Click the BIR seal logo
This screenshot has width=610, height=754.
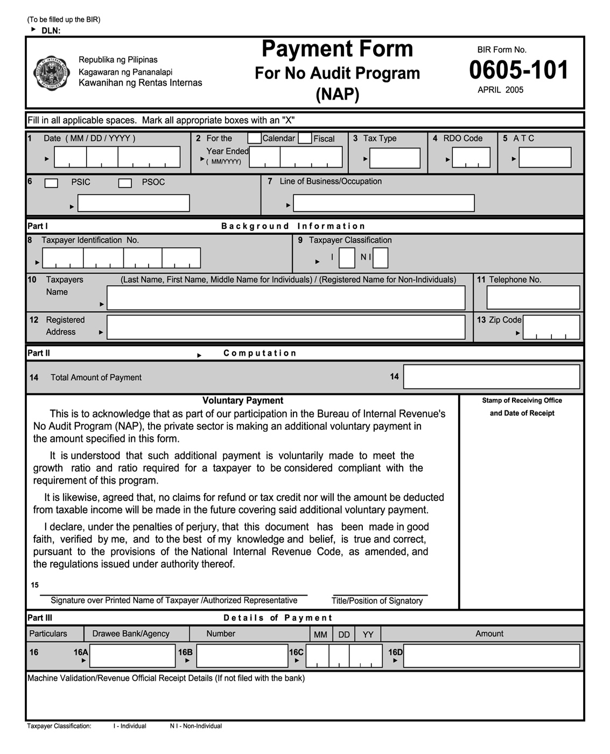coord(51,73)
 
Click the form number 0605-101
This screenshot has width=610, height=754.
coord(518,70)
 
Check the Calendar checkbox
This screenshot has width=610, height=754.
coord(254,138)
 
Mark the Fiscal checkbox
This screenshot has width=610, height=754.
coord(305,138)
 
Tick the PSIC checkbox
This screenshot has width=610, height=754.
coord(51,183)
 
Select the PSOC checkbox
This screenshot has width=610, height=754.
coord(125,183)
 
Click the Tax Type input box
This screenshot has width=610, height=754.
coord(395,158)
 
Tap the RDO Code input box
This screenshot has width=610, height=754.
coord(471,158)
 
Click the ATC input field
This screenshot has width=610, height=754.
coord(545,158)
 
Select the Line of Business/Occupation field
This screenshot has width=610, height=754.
coord(383,203)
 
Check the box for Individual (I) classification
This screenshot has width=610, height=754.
coord(347,258)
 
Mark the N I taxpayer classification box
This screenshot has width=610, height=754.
coord(380,258)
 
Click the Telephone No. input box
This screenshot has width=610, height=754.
coord(533,297)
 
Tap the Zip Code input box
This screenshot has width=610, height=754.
coord(551,327)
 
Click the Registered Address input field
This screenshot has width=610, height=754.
coord(285,327)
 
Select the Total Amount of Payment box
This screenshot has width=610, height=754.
coord(491,376)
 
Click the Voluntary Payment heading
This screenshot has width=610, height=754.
coord(243,400)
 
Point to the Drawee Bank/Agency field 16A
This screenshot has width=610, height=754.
coord(132,656)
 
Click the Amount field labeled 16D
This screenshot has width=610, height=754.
coord(491,656)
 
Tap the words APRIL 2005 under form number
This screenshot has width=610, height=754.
coord(500,90)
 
